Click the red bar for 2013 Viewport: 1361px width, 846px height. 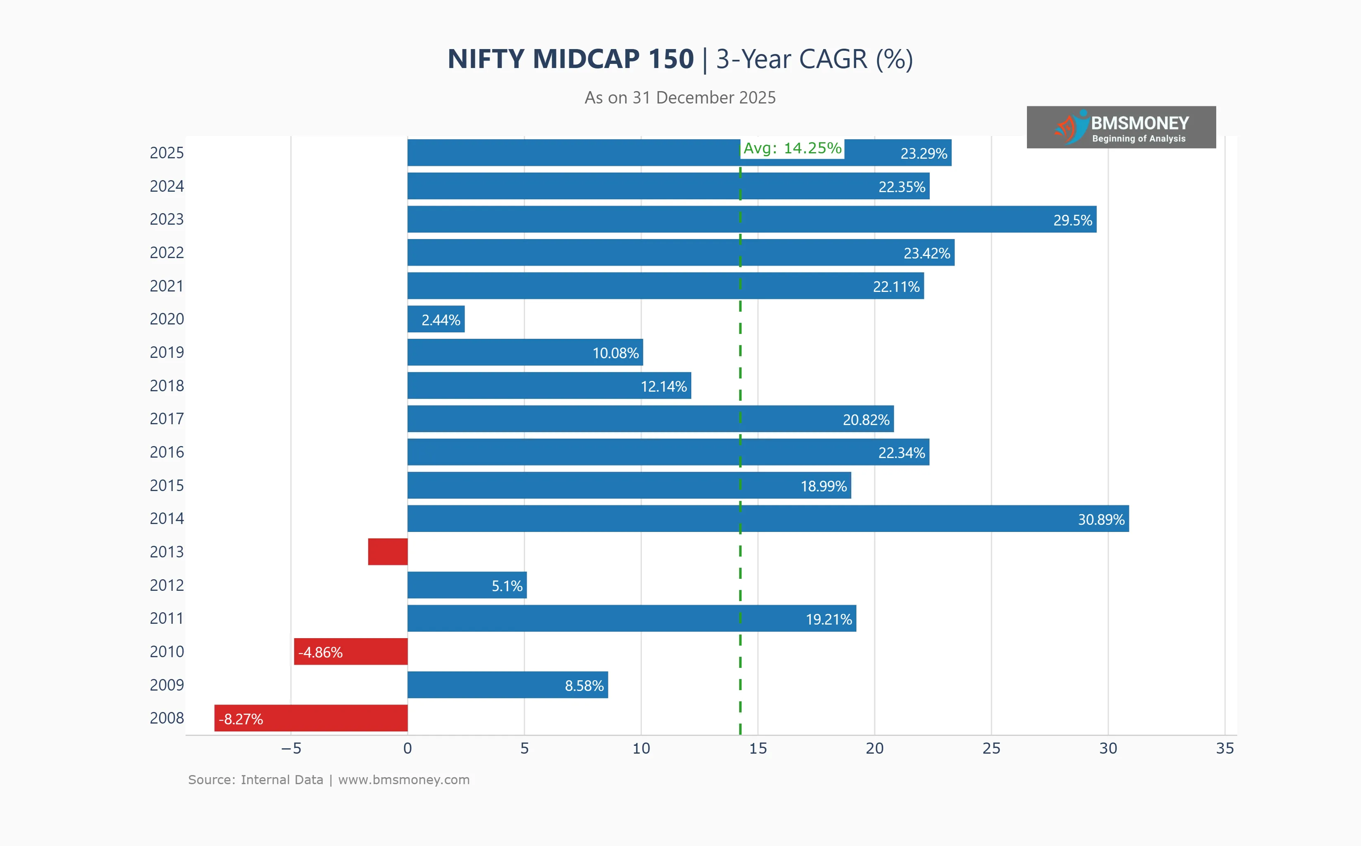point(387,552)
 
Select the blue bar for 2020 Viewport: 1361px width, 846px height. point(436,319)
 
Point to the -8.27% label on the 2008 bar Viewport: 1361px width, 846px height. point(240,719)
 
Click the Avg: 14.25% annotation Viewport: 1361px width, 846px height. point(792,148)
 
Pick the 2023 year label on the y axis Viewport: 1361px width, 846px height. point(166,219)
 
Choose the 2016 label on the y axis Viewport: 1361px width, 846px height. point(166,452)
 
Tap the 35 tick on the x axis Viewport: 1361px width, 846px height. point(1224,749)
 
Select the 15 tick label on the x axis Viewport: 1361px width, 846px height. point(758,749)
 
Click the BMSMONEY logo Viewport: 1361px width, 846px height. point(1121,127)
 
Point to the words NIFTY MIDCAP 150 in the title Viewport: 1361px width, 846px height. point(570,59)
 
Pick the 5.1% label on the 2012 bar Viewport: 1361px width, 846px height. point(506,586)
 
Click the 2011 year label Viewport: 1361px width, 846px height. point(166,618)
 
